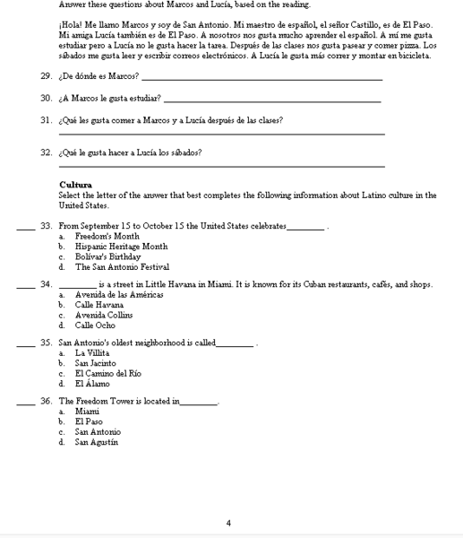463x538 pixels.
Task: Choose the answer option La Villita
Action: click(93, 353)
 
